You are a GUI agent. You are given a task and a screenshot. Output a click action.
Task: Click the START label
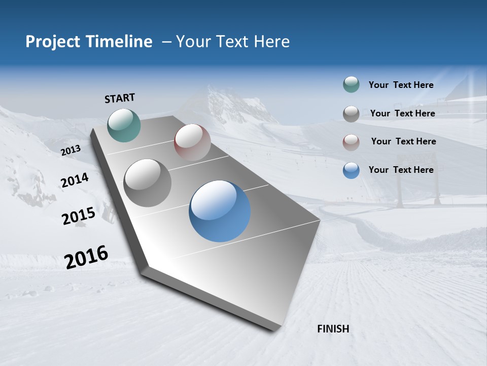click(120, 98)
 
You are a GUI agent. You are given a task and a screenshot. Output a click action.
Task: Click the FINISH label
click(333, 329)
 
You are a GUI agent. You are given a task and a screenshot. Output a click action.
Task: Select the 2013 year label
click(71, 150)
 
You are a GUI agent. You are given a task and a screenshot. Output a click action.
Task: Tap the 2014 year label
click(75, 180)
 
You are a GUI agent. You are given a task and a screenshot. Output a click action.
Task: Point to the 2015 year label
click(79, 216)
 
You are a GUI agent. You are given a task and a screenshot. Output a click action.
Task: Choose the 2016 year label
click(86, 257)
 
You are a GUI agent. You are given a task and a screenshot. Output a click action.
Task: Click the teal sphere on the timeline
click(124, 125)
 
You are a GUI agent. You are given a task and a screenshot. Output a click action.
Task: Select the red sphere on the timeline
click(192, 142)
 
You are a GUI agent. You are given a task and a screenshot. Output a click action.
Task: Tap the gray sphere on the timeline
click(148, 183)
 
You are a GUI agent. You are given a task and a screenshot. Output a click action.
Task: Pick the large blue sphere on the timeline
click(220, 211)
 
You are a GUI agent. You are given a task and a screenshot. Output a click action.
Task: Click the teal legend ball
click(351, 85)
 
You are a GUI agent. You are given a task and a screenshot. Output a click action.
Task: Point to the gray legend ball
click(351, 114)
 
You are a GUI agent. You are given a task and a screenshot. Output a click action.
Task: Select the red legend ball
click(351, 142)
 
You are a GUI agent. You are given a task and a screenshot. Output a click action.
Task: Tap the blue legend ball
click(351, 170)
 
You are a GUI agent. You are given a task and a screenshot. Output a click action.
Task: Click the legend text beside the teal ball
click(401, 85)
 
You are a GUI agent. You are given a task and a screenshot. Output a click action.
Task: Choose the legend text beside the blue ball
click(401, 170)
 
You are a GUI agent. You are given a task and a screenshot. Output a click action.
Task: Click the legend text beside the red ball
click(403, 141)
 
